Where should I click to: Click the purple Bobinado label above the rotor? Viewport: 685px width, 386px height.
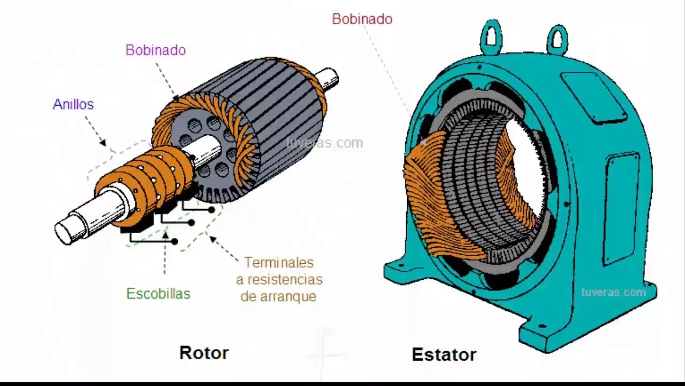tap(156, 50)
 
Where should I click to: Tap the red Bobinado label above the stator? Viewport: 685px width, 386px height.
tap(362, 19)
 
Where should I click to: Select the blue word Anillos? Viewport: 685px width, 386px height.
tap(73, 105)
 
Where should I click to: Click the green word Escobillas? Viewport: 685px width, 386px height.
tap(158, 294)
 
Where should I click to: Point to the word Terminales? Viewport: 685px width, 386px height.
tap(279, 263)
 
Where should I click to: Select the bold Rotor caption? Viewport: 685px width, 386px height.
tap(204, 353)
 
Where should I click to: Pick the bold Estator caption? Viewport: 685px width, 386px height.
tap(444, 354)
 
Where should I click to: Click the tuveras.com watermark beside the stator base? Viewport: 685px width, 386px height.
tap(613, 292)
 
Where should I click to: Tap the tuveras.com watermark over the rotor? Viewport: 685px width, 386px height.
tap(324, 143)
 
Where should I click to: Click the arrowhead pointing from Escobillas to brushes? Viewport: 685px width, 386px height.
tap(165, 234)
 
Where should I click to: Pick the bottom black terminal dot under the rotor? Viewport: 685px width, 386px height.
tap(174, 242)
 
